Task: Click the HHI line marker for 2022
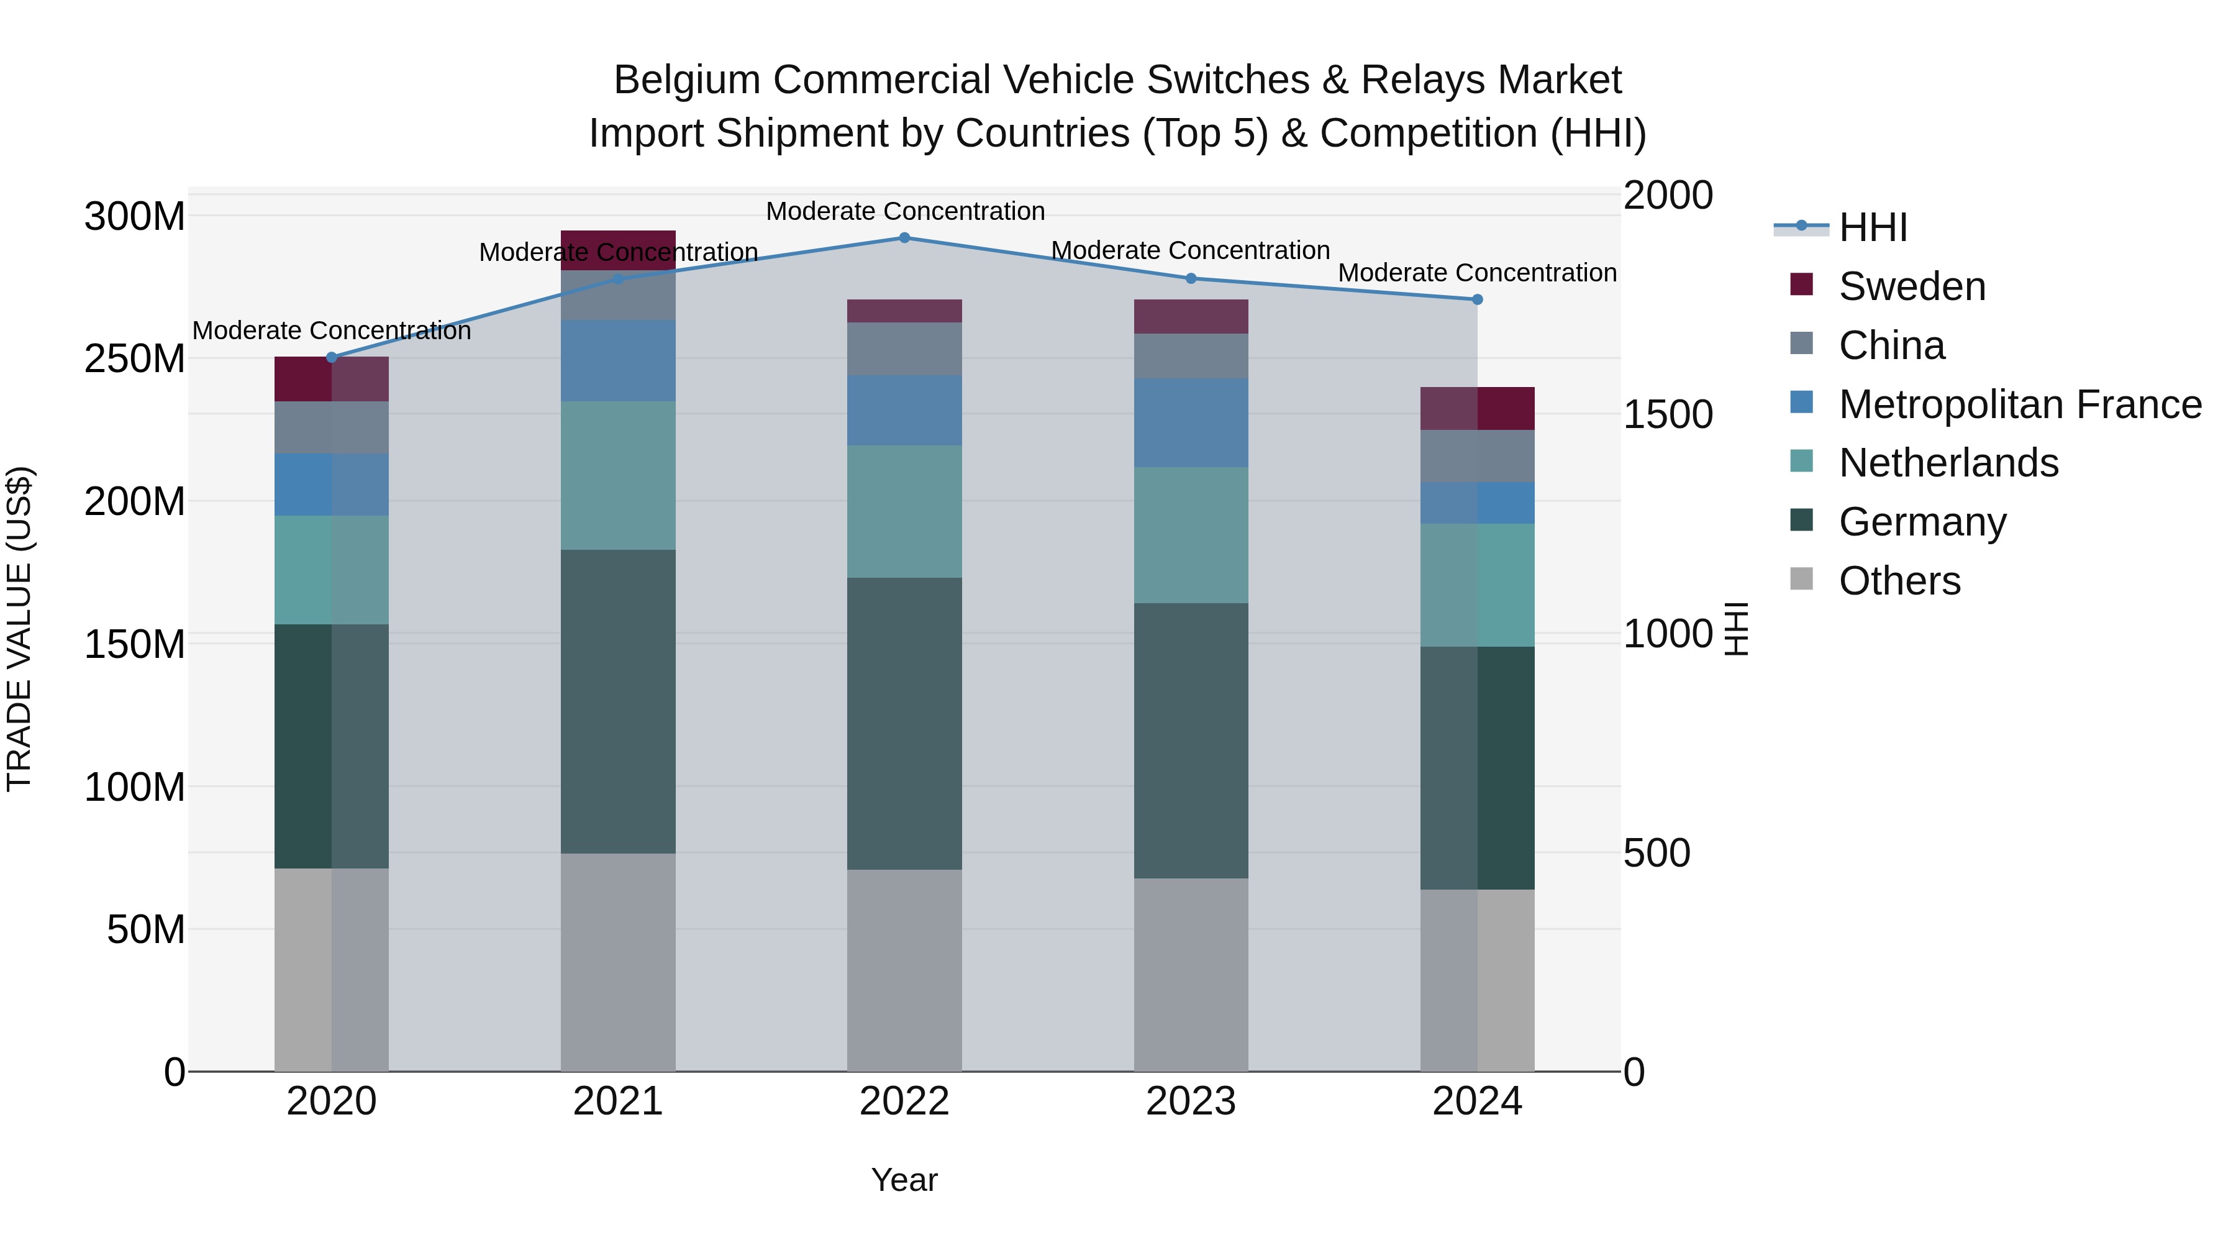point(904,238)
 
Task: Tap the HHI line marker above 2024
point(1478,299)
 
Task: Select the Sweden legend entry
point(1911,286)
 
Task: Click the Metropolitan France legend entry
point(2019,404)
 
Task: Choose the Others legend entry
point(1899,581)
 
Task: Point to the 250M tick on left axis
point(135,358)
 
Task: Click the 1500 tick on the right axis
point(1668,415)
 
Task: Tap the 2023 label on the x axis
point(1190,1101)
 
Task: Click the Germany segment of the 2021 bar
point(618,701)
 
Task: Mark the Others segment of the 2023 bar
point(1190,974)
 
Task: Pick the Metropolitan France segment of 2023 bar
point(1190,423)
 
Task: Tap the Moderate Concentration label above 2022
point(904,211)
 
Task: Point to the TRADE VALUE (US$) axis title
point(19,629)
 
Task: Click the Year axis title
point(904,1180)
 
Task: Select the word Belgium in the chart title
point(686,80)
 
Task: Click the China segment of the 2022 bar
point(904,349)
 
